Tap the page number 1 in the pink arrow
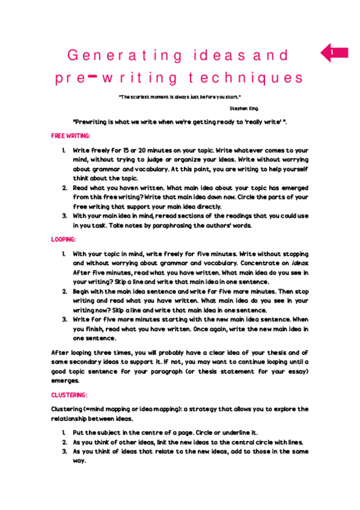pos(331,53)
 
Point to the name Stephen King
pos(245,108)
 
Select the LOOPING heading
pos(64,239)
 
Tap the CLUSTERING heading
pos(69,395)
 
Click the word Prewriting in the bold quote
pos(94,122)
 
